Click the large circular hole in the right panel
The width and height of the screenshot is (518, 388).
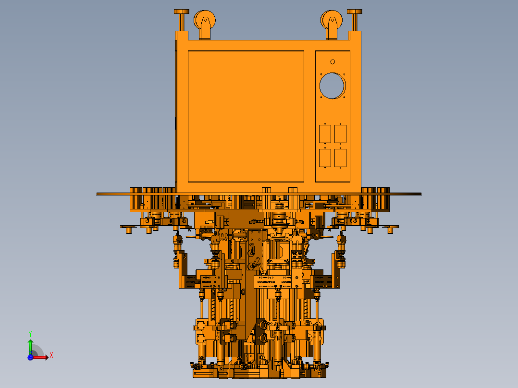coord(332,85)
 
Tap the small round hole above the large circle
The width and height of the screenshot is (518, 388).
coord(333,62)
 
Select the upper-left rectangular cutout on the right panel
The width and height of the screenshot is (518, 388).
coord(325,134)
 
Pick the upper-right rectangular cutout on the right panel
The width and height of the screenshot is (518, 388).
coord(341,134)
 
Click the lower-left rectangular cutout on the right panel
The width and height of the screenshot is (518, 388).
coord(325,158)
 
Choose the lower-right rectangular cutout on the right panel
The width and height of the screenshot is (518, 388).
coord(341,158)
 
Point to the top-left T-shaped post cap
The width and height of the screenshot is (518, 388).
coord(181,12)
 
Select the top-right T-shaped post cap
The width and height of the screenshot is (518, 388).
coord(355,12)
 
